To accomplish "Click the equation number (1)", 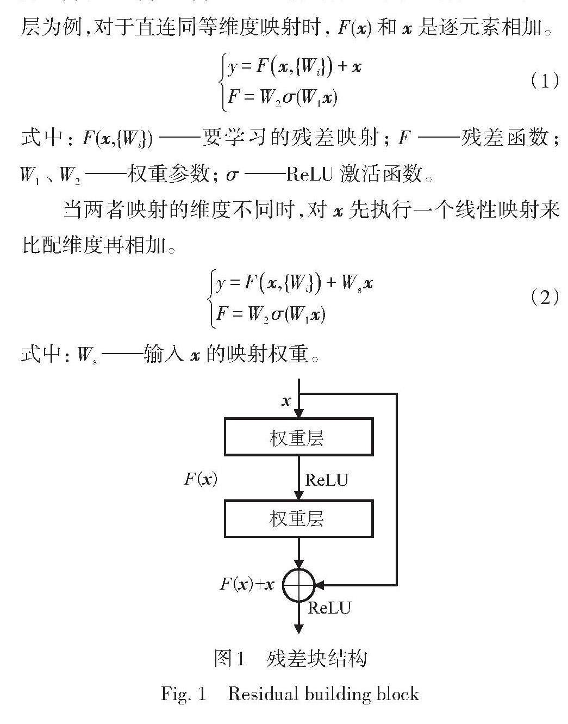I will point(544,82).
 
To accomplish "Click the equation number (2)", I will point(544,298).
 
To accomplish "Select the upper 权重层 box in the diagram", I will point(298,437).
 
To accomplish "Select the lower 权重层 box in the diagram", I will point(298,518).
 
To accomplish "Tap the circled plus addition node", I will point(298,585).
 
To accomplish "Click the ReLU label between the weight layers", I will point(327,480).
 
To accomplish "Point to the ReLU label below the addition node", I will point(329,608).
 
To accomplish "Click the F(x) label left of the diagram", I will point(201,479).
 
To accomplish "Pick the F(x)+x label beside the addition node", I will point(247,584).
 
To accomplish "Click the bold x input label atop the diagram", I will point(286,402).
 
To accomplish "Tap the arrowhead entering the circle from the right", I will point(320,585).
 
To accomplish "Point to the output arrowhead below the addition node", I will point(298,629).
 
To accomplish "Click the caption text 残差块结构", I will point(317,659).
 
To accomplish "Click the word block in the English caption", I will point(400,694).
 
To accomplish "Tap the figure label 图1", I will point(229,659).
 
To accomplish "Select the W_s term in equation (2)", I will point(349,284).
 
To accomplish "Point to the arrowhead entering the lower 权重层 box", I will point(298,495).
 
